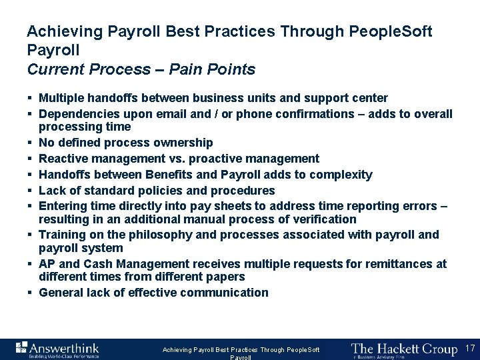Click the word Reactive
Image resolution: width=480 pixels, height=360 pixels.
click(x=62, y=159)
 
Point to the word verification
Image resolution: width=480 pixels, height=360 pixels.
click(x=325, y=219)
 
